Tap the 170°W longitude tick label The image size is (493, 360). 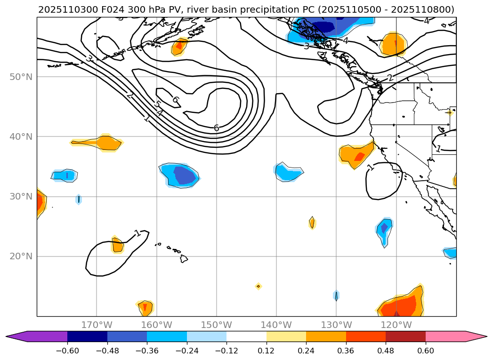tap(97, 325)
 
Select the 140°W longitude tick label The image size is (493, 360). tap(276, 325)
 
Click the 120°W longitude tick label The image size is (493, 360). tap(396, 325)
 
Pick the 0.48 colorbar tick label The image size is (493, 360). tap(386, 351)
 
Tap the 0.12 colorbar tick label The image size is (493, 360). tap(266, 351)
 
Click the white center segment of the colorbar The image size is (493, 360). tap(246, 336)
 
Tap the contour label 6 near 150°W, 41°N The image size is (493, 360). tap(216, 128)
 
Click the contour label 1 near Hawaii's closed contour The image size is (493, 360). tap(137, 233)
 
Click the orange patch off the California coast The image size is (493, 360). tap(356, 154)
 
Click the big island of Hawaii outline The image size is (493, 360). tap(184, 258)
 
